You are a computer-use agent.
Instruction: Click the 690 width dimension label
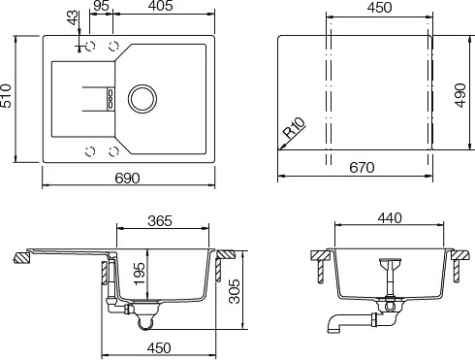tap(128, 178)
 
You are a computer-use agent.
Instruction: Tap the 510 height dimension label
tap(6, 96)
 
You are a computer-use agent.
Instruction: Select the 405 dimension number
tap(161, 6)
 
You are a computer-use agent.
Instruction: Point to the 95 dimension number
tap(101, 6)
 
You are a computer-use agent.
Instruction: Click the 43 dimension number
tap(73, 17)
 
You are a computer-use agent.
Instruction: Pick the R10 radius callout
tap(294, 128)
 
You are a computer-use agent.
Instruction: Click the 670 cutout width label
tap(362, 168)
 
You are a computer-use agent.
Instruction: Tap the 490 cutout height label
tap(459, 95)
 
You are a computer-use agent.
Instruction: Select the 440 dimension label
tap(390, 218)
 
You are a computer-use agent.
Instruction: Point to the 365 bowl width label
tap(160, 221)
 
